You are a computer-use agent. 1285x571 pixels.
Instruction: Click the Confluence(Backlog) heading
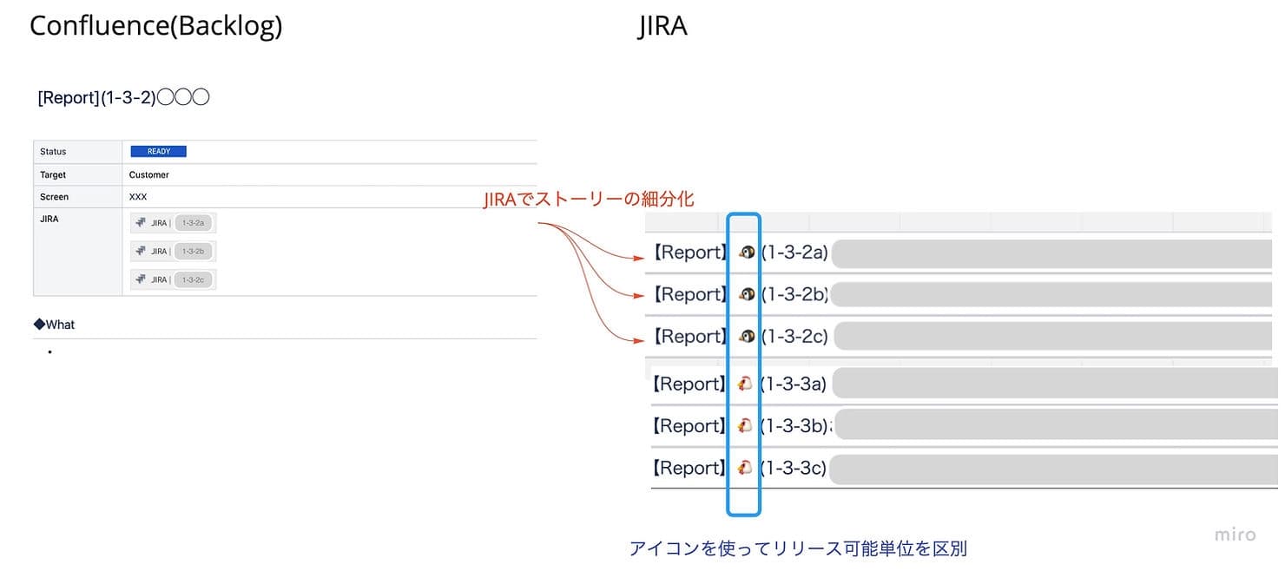155,26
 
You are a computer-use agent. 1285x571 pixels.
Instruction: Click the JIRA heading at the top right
662,26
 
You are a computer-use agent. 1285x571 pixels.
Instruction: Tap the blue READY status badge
159,151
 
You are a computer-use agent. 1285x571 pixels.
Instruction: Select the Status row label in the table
53,152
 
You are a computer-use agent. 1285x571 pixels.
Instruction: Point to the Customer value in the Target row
149,174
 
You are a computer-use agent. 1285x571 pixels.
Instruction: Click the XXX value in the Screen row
138,197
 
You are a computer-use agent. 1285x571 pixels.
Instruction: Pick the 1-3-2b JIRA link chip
193,252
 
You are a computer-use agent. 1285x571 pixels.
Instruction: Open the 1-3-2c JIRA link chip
193,279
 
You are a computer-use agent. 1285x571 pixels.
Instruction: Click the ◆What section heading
55,325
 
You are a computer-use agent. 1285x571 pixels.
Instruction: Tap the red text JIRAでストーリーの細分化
589,200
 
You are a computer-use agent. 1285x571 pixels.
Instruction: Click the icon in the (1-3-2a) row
746,253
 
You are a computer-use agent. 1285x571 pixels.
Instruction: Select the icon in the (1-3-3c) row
744,468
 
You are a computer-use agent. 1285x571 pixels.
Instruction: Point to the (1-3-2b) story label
794,295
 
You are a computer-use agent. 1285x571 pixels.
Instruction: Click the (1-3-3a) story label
794,384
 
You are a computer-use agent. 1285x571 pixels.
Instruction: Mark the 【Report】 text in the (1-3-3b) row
689,426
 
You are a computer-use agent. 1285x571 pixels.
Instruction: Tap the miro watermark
1235,535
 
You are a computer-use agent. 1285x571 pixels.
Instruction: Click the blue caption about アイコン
797,548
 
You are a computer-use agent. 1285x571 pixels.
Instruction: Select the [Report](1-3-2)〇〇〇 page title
123,98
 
